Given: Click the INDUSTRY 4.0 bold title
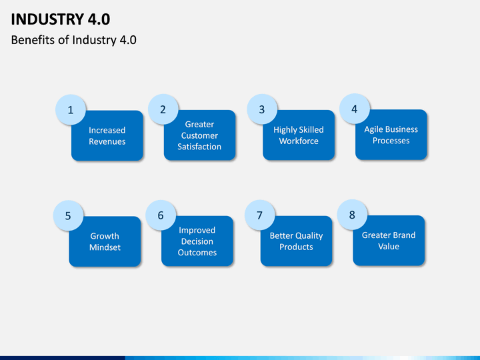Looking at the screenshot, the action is (x=60, y=19).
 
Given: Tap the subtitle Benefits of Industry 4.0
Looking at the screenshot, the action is (x=74, y=40).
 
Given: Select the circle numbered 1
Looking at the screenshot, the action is (x=71, y=109).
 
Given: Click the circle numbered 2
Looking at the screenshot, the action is (x=163, y=109).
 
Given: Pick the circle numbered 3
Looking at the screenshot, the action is (x=262, y=109).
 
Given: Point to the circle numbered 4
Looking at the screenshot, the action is (x=355, y=109).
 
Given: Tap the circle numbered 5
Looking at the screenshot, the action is (x=68, y=215).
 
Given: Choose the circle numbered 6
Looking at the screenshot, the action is (x=161, y=215).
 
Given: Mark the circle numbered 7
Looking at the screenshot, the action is (x=259, y=215).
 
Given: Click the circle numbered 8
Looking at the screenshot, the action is (x=352, y=215).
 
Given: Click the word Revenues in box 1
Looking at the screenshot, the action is (x=107, y=141).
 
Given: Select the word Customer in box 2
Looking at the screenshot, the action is (x=199, y=135).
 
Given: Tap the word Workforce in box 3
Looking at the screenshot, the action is (x=299, y=141).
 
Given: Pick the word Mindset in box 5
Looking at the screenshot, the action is (x=105, y=247).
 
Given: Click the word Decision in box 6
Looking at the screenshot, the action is (x=197, y=241).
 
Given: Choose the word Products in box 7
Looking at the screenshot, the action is (x=296, y=247).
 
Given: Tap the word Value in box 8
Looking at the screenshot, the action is (x=389, y=246).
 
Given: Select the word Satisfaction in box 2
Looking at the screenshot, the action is (x=199, y=147).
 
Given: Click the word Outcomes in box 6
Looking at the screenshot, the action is (x=197, y=253).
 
